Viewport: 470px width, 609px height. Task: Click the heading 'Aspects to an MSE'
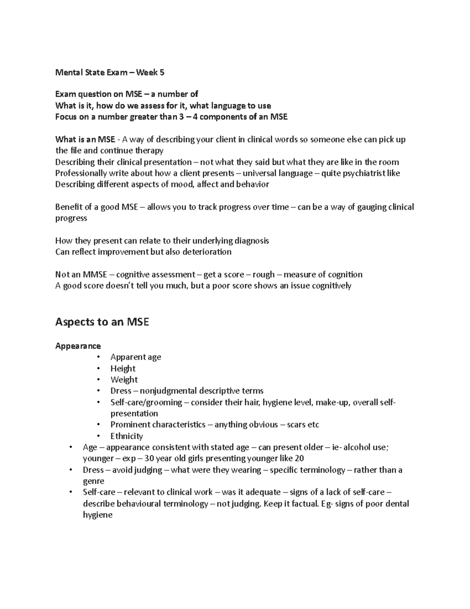point(102,322)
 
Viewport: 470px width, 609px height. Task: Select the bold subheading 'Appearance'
point(78,346)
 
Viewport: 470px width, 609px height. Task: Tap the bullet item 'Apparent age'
point(136,357)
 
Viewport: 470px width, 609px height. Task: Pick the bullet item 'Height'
point(123,369)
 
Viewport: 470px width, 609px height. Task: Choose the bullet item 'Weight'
point(124,380)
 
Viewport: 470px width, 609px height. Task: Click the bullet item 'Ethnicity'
point(127,436)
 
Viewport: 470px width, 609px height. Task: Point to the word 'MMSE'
point(94,275)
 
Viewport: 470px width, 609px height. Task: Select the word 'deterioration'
point(207,252)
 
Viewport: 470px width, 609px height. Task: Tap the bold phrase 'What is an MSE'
point(85,140)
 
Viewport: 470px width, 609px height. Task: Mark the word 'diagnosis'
point(251,241)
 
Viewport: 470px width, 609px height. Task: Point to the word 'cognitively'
point(330,285)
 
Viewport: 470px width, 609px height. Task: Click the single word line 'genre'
point(94,481)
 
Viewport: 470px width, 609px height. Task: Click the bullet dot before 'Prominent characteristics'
point(100,425)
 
